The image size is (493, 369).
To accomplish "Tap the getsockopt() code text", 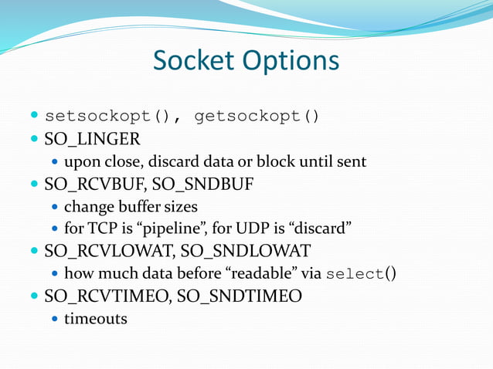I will pos(256,117).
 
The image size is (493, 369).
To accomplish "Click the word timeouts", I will pos(95,318).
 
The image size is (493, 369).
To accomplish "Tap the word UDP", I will pos(260,229).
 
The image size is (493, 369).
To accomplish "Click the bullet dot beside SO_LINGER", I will pos(35,140).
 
